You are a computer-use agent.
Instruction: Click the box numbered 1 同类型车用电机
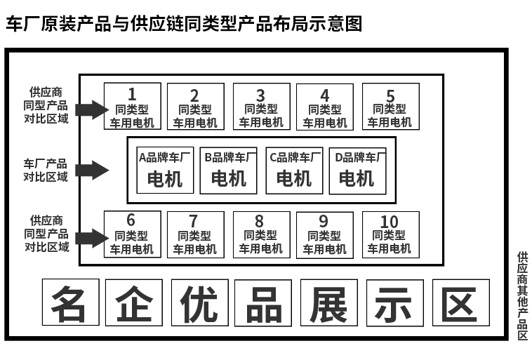(132, 106)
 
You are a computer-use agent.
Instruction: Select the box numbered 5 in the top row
(390, 106)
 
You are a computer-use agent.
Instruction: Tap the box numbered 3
(260, 106)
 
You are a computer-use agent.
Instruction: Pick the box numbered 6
(132, 234)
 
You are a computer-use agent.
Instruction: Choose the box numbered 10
(390, 234)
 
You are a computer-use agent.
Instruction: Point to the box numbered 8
(260, 234)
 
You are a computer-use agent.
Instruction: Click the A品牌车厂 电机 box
(164, 170)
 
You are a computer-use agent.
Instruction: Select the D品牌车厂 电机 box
(357, 170)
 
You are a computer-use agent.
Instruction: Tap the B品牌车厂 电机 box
(229, 170)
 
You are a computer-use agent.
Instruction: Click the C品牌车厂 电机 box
(293, 170)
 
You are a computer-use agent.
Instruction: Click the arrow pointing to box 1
(90, 109)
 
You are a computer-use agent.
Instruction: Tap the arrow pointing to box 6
(90, 237)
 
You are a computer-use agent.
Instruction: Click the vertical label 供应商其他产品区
(521, 295)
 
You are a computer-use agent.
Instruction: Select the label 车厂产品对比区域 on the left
(46, 170)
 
